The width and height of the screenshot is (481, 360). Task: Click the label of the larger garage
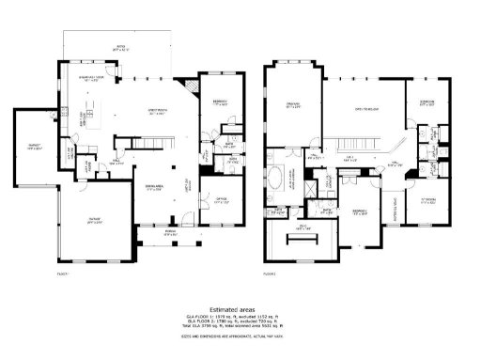pyautogui.click(x=95, y=221)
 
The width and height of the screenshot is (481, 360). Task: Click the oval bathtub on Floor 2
pyautogui.click(x=279, y=176)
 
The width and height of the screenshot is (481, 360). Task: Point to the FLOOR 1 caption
pyautogui.click(x=63, y=272)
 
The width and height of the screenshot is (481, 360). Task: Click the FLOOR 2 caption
pyautogui.click(x=270, y=272)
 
